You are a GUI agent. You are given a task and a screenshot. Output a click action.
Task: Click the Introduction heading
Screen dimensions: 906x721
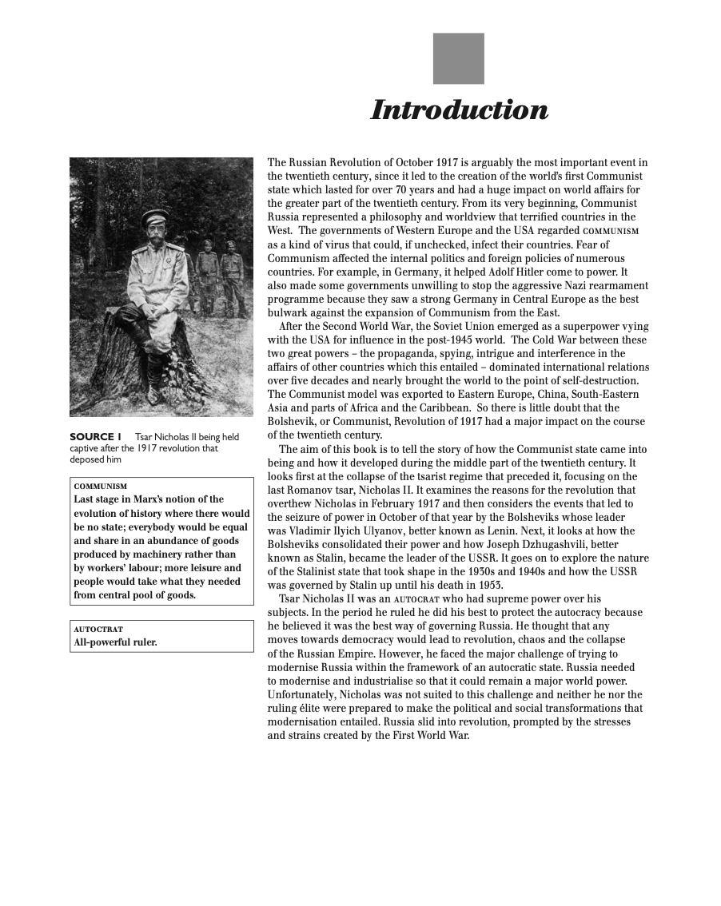[x=460, y=110]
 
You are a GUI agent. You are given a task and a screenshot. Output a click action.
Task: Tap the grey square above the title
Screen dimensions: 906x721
[x=458, y=58]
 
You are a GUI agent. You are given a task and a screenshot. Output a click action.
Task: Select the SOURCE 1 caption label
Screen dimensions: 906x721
[x=95, y=437]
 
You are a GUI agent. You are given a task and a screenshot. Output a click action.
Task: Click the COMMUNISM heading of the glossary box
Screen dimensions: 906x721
[x=100, y=486]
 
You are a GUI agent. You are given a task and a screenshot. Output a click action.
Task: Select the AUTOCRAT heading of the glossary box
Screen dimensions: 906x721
[x=98, y=629]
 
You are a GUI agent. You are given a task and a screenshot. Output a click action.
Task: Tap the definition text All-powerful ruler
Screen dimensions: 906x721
[x=115, y=642]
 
